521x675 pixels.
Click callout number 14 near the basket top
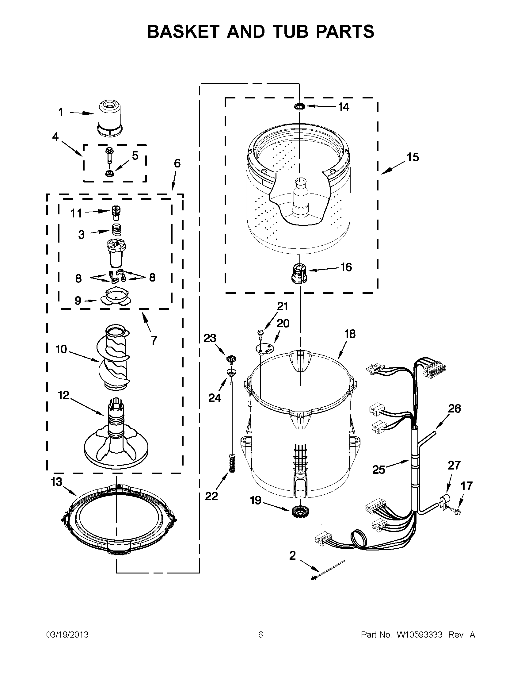pyautogui.click(x=344, y=107)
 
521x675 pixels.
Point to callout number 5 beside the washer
pyautogui.click(x=135, y=156)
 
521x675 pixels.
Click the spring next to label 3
pyautogui.click(x=116, y=230)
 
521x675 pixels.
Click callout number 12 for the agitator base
pyautogui.click(x=64, y=395)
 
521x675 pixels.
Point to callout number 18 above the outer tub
pyautogui.click(x=350, y=334)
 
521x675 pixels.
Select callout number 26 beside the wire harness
pyautogui.click(x=454, y=408)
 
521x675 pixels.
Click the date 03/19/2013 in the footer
pyautogui.click(x=67, y=635)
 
